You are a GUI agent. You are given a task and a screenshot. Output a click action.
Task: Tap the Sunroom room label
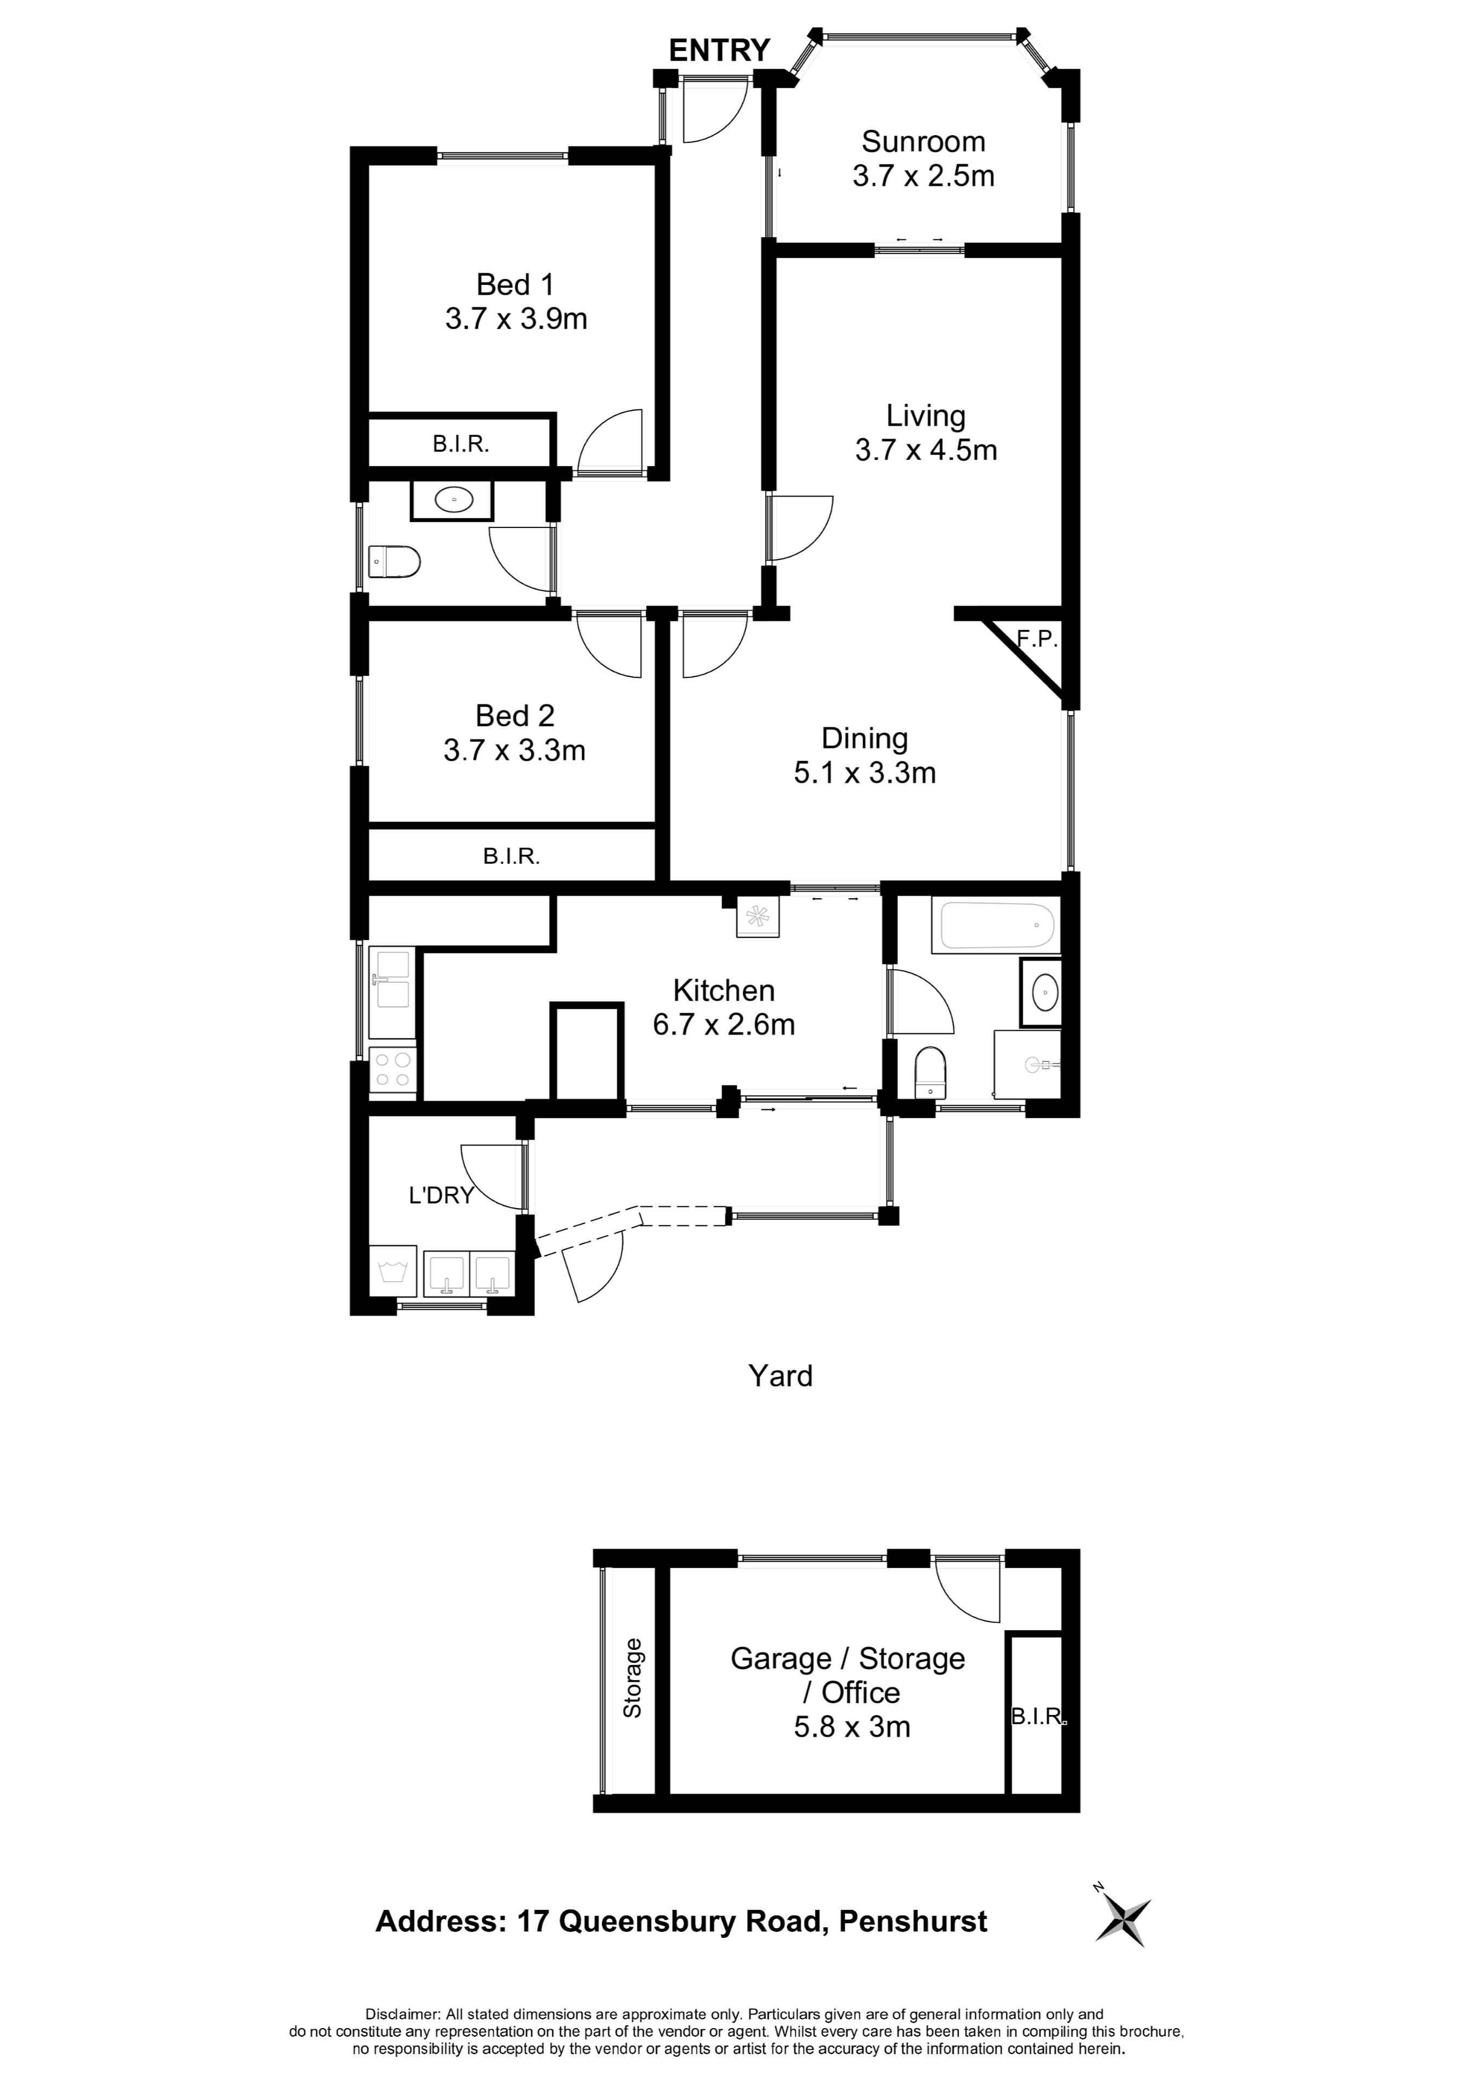(923, 142)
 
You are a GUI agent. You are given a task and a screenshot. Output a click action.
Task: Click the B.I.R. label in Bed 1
(461, 444)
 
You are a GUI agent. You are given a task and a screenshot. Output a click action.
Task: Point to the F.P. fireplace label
(1036, 638)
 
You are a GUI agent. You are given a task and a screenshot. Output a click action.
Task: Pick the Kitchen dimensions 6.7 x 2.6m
(723, 1024)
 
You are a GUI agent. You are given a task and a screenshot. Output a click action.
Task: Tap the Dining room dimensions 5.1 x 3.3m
(864, 772)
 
